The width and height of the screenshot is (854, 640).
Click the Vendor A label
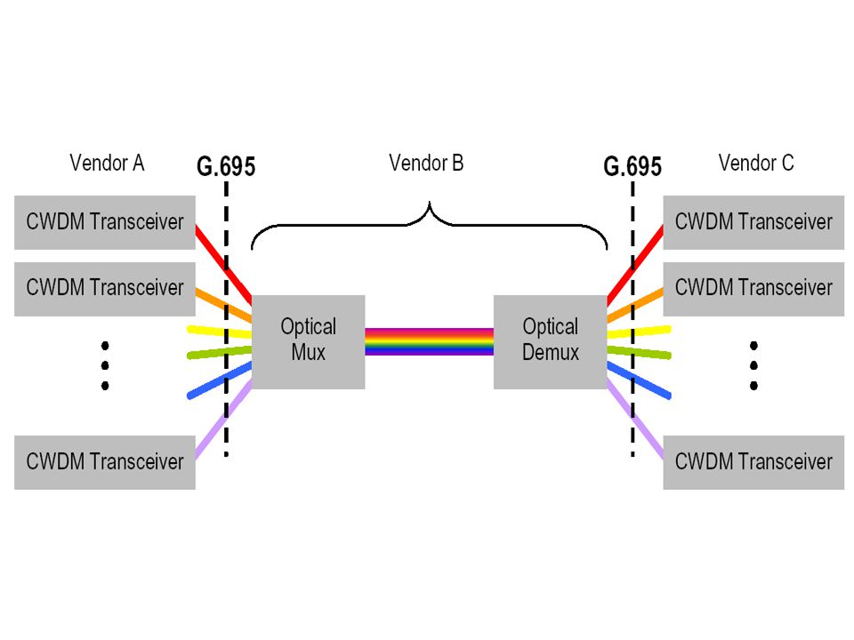tap(107, 163)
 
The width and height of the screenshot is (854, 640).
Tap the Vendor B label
tap(426, 163)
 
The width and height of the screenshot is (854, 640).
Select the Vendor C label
tap(756, 163)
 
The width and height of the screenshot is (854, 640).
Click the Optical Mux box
tap(309, 341)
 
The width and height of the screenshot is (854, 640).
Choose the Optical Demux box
tap(550, 341)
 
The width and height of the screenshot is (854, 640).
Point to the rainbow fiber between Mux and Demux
tap(429, 341)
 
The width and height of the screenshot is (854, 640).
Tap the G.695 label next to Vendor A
tap(226, 166)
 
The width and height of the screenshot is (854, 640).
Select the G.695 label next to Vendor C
tap(632, 166)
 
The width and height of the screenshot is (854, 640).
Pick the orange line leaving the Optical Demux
tap(635, 305)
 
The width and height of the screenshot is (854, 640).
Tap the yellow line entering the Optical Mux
tap(219, 332)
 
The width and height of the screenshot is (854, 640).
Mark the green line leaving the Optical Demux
tap(639, 353)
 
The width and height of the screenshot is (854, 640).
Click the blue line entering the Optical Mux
tap(219, 381)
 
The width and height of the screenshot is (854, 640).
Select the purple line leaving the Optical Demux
tap(635, 419)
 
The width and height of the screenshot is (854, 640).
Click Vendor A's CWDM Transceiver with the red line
tap(105, 222)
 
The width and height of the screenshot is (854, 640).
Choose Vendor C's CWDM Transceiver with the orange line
tap(753, 289)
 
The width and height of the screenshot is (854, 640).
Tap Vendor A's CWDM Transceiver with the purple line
tap(105, 462)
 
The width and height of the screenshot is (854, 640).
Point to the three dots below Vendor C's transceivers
tap(753, 365)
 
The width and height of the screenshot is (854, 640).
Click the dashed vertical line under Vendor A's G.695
tap(226, 318)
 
